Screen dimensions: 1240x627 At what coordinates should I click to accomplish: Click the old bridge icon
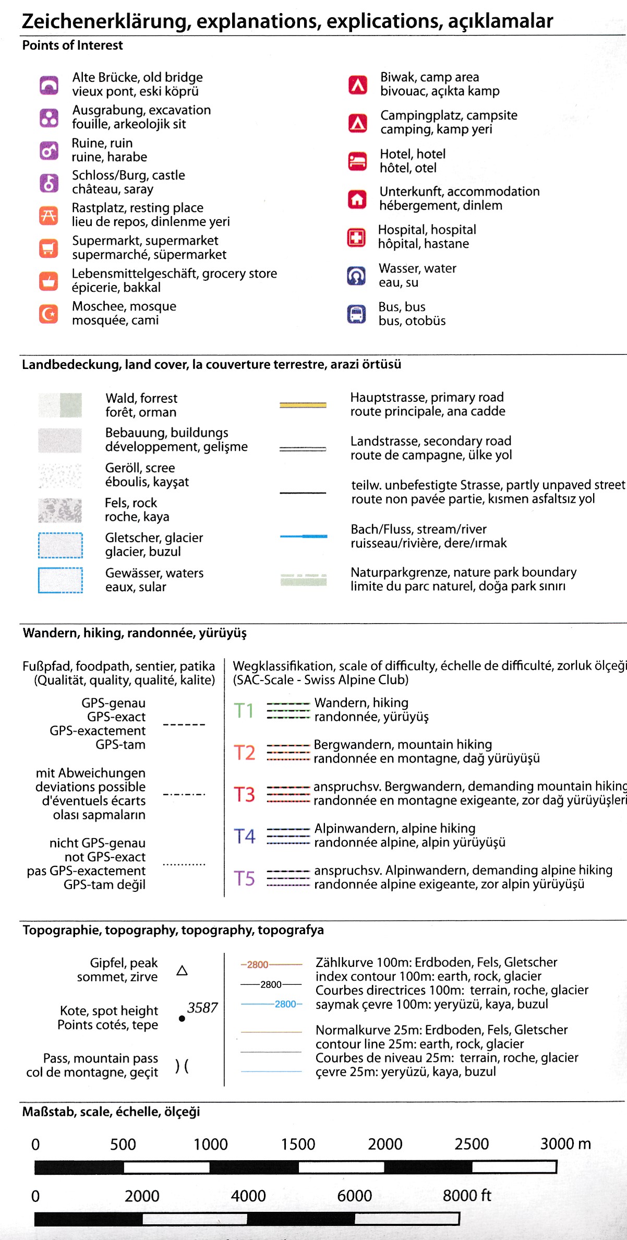[x=49, y=85]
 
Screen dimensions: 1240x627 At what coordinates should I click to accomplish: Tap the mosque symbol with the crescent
[x=49, y=314]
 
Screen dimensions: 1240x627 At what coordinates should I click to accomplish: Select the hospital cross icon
[x=357, y=237]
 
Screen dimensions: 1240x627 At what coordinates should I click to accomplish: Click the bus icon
[x=357, y=314]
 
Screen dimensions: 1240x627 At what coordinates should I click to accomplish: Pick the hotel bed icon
[x=357, y=161]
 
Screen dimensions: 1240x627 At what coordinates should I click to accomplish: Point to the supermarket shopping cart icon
[x=49, y=248]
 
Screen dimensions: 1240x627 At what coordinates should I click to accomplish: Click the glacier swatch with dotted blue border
[x=60, y=545]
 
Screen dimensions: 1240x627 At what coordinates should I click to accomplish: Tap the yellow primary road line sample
[x=303, y=405]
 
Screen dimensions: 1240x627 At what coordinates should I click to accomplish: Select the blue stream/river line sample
[x=303, y=536]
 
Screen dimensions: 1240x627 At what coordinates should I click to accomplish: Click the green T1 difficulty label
[x=244, y=711]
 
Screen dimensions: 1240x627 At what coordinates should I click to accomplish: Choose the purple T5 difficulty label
[x=244, y=878]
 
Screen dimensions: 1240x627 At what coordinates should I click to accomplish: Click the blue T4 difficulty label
[x=244, y=836]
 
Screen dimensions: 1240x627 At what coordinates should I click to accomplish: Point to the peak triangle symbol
[x=182, y=971]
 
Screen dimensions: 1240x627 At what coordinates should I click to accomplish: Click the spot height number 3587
[x=202, y=1008]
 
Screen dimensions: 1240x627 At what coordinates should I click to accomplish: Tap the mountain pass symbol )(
[x=182, y=1066]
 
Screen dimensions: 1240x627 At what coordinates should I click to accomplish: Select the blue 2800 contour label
[x=285, y=1004]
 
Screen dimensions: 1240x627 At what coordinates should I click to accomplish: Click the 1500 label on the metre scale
[x=298, y=1144]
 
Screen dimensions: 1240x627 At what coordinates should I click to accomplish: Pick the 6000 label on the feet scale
[x=354, y=1196]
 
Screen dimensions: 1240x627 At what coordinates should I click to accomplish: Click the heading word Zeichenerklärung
[x=104, y=21]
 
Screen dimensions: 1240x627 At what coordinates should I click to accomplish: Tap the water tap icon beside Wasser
[x=356, y=276]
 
